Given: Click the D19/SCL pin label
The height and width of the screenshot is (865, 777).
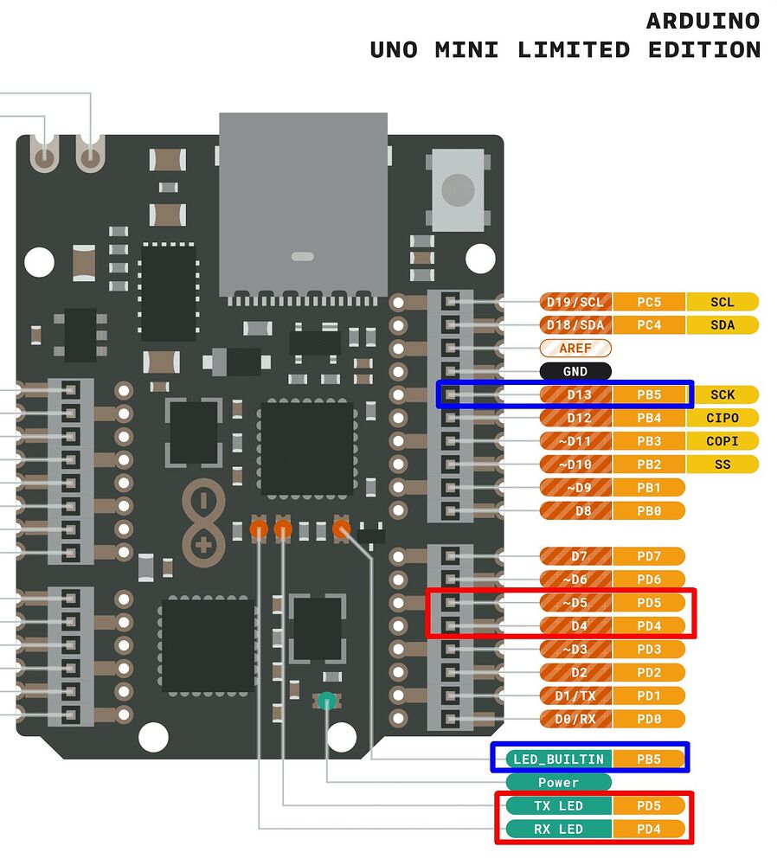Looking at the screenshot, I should coord(575,302).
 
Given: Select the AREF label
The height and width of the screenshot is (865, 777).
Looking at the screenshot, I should coord(575,348).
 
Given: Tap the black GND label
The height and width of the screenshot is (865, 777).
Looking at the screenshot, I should coord(575,371).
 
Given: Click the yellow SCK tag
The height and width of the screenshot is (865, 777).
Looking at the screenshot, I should coord(722,394).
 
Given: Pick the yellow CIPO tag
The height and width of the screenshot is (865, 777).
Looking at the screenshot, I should coord(722,418).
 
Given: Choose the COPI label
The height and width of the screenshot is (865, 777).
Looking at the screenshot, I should coord(722,441).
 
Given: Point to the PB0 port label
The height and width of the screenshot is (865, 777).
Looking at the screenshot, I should coord(649,510).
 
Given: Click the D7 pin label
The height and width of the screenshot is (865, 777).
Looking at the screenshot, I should coord(575,555).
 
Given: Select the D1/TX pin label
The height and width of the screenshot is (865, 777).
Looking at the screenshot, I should coord(575,695).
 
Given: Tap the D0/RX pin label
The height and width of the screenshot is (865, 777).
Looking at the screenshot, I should coord(575,719).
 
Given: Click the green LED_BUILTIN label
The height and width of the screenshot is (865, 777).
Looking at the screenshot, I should coord(558,759).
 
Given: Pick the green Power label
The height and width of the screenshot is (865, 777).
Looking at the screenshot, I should coord(558,783).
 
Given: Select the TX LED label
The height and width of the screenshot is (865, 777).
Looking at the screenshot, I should coord(558,806).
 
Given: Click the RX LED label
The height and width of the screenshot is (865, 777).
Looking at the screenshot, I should coord(558,830).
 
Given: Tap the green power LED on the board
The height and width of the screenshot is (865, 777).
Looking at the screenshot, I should coord(326,702).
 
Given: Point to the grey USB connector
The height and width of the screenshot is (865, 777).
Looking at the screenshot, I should coord(303,203).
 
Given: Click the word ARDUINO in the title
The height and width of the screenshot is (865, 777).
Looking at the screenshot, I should coord(703,22).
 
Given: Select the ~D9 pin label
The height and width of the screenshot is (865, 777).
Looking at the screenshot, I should coord(575,487).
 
